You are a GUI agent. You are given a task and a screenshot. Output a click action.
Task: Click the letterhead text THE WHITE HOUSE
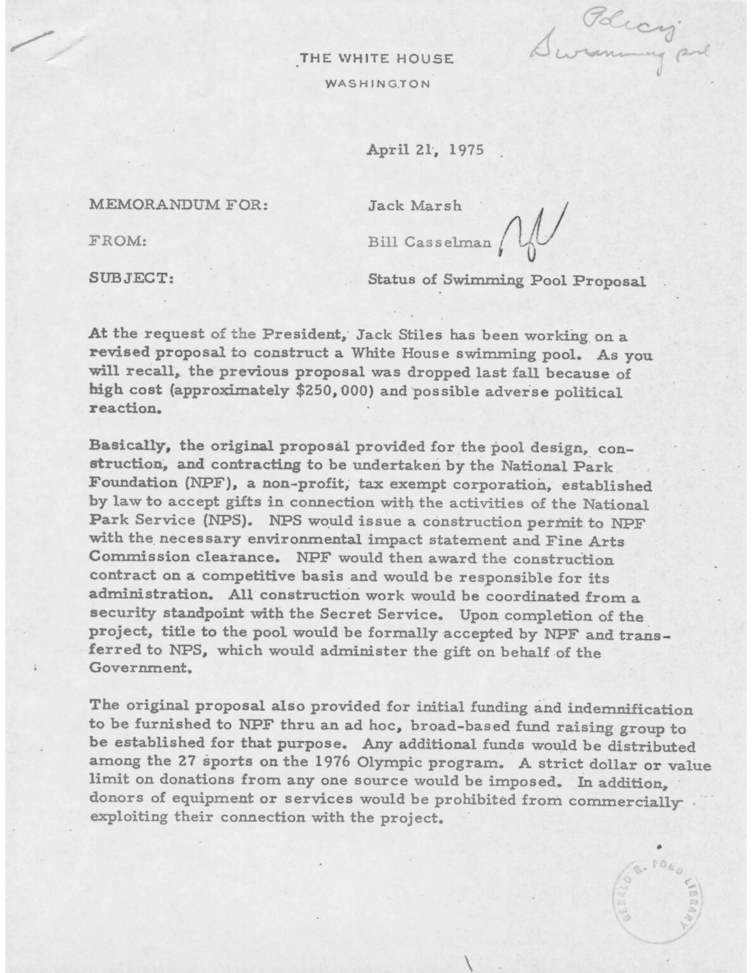376,59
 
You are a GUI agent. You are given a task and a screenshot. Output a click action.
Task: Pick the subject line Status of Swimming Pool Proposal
507,279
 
